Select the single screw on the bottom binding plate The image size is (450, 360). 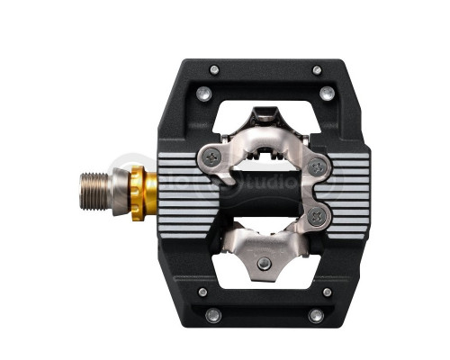pos(263,264)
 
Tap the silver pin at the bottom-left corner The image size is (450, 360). pos(212,315)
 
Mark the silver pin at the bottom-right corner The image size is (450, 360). pos(316,315)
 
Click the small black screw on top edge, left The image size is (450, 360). pos(214,69)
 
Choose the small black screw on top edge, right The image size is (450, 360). pos(316,69)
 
